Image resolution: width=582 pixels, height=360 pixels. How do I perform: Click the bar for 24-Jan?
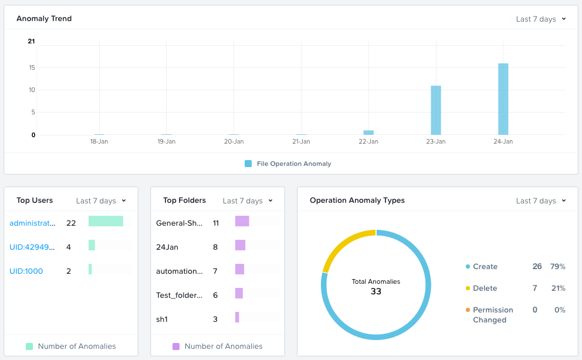coord(503,99)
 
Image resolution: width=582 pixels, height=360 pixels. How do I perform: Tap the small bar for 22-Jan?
coord(368,133)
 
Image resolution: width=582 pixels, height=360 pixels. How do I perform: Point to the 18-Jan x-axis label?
coord(99,142)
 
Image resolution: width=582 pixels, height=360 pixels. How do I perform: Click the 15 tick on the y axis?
coord(32,68)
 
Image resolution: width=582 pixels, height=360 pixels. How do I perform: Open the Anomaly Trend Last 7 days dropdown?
coord(541,19)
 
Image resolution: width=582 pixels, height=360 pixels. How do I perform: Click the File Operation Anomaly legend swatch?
coord(248,164)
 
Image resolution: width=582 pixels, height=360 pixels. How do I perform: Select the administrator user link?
coord(33,223)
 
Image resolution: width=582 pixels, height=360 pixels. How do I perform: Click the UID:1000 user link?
coord(26,271)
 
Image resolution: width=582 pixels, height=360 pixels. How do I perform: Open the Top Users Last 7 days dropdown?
coord(101,201)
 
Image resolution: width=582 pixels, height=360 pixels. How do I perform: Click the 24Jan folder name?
coord(167,247)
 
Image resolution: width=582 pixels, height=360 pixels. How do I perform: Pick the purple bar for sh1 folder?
coord(237,317)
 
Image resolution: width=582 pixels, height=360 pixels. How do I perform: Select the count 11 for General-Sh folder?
coord(216,223)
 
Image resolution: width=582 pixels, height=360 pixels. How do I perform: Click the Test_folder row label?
coord(180,296)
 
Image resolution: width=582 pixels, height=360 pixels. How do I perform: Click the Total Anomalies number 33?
coord(376,291)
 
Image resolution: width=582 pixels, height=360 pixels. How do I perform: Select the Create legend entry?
coord(485,267)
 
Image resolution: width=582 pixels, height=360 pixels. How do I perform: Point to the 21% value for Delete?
coord(557,288)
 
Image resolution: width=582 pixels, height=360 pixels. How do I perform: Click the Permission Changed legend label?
coord(493,315)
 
